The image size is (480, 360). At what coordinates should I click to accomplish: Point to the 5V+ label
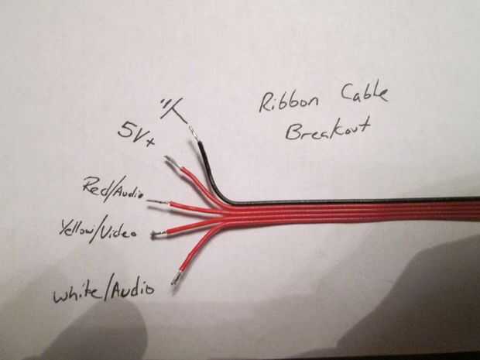tap(137, 129)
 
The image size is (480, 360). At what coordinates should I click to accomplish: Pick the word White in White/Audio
tap(77, 294)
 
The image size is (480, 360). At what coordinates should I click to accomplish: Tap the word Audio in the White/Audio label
tap(131, 290)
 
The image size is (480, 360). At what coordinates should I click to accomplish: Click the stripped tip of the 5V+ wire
tap(173, 163)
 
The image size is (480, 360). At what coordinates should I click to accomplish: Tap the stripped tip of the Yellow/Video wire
tap(160, 233)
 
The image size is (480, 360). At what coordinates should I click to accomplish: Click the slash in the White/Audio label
tap(109, 292)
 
